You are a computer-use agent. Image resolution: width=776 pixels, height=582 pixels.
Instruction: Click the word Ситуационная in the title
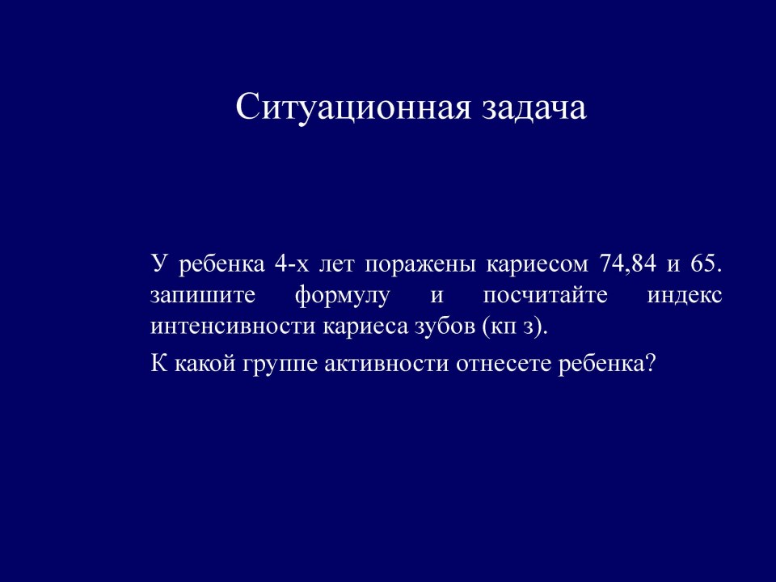pyautogui.click(x=353, y=108)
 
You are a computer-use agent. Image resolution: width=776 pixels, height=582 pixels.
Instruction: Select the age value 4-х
pyautogui.click(x=291, y=264)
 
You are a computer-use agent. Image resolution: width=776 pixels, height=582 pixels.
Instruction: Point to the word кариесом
pyautogui.click(x=538, y=265)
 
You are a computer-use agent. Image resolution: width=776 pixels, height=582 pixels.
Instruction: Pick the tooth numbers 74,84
pyautogui.click(x=628, y=264)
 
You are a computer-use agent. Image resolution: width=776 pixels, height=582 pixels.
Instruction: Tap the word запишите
pyautogui.click(x=202, y=296)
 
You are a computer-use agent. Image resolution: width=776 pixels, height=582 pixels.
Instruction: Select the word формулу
pyautogui.click(x=342, y=297)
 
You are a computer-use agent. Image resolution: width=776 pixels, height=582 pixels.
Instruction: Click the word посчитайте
pyautogui.click(x=545, y=296)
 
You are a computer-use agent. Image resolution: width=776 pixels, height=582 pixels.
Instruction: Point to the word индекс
pyautogui.click(x=685, y=296)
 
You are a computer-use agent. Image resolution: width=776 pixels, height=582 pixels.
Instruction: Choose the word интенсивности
pyautogui.click(x=233, y=327)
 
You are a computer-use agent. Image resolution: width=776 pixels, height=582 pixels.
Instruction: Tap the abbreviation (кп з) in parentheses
pyautogui.click(x=514, y=327)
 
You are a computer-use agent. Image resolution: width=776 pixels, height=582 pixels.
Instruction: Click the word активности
pyautogui.click(x=386, y=365)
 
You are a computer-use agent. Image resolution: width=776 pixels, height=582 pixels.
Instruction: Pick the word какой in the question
pyautogui.click(x=204, y=363)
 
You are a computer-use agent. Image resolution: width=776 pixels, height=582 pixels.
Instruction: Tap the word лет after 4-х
pyautogui.click(x=337, y=265)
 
